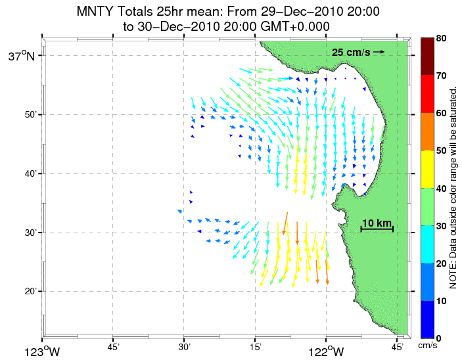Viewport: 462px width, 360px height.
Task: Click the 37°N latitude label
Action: click(x=26, y=56)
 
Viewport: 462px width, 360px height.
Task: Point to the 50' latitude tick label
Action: click(x=34, y=115)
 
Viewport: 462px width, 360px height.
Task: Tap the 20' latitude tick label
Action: click(x=34, y=291)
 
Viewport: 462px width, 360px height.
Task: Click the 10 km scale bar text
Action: click(x=377, y=223)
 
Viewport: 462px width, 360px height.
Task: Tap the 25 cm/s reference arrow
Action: click(x=379, y=51)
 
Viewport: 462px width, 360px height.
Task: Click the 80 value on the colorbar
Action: click(x=442, y=39)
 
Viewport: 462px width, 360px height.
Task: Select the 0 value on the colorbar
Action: click(x=439, y=338)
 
